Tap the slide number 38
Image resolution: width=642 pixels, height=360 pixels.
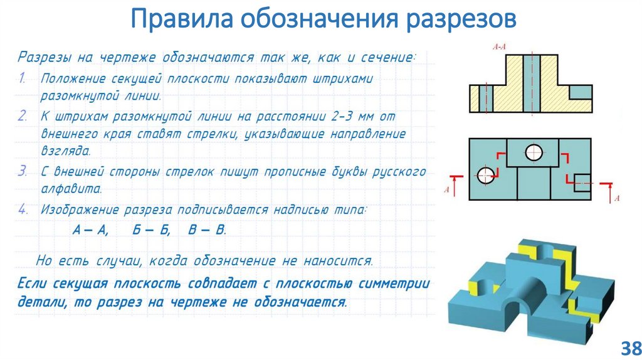(x=628, y=347)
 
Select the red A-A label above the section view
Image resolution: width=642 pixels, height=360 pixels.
(x=500, y=46)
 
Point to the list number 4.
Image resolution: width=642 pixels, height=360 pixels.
(x=23, y=210)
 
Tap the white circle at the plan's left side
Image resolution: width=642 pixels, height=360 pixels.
(x=485, y=176)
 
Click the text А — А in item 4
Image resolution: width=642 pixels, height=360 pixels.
(x=90, y=230)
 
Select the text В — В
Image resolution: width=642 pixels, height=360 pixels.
(x=206, y=230)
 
